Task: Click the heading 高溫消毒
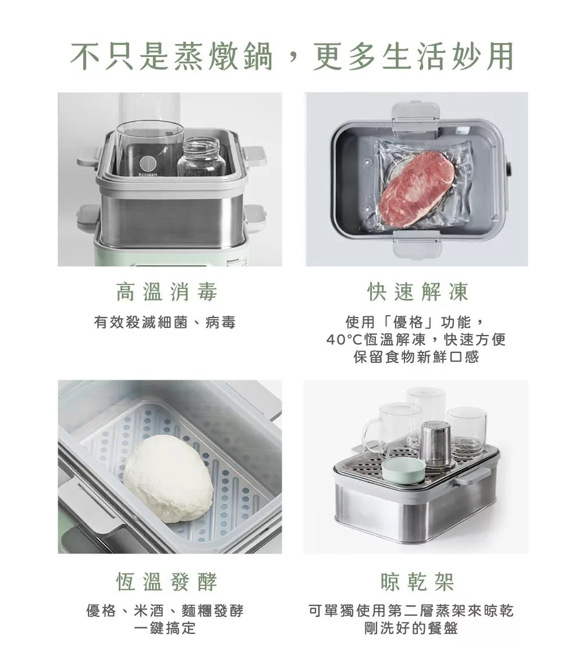(166, 292)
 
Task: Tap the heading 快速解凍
(417, 292)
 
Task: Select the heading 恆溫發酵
(166, 581)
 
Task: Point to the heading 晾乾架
(417, 581)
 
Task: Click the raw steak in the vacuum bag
(417, 187)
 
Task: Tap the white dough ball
(168, 479)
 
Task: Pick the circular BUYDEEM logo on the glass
(148, 165)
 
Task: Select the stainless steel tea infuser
(437, 443)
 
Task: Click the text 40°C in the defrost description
(345, 340)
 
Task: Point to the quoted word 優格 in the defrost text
(408, 322)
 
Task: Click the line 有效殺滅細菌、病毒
(165, 322)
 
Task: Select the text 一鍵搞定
(165, 628)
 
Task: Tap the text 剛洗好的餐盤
(411, 628)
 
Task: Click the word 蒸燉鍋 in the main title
(223, 56)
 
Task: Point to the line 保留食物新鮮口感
(416, 356)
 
